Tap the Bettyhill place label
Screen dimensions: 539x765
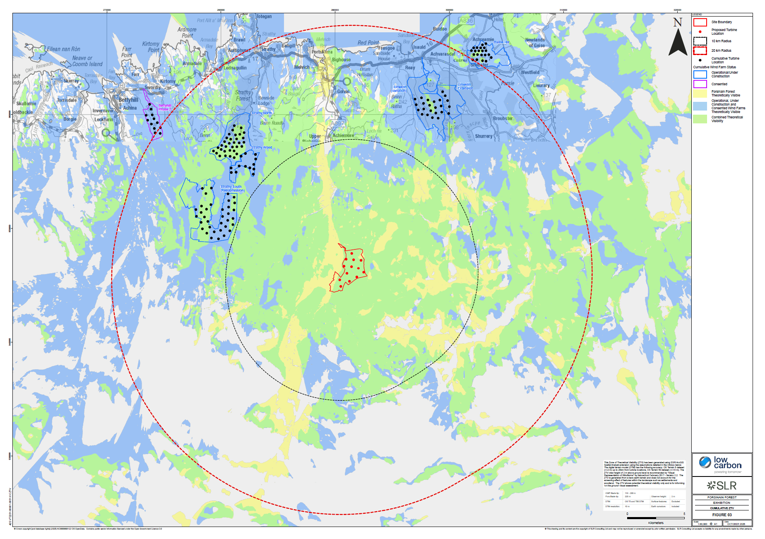[x=128, y=100]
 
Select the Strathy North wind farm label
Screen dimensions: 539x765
[x=262, y=113]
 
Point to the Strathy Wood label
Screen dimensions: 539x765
[x=262, y=147]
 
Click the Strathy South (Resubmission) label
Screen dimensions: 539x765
[x=232, y=189]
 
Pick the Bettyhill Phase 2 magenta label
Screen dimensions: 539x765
[x=165, y=107]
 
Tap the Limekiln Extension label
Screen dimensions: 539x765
[x=464, y=86]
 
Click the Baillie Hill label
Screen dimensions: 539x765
[x=501, y=42]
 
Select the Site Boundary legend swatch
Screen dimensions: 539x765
[x=700, y=22]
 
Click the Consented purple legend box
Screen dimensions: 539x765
[x=700, y=84]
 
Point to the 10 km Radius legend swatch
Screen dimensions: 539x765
[x=700, y=41]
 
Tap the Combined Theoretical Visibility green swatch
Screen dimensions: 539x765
[x=700, y=119]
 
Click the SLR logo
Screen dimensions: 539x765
[x=722, y=486]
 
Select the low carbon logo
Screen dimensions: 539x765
[x=721, y=464]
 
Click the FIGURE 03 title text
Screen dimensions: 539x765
[x=722, y=515]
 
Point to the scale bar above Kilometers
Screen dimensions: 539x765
[x=655, y=518]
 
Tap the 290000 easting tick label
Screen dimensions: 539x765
[x=335, y=10]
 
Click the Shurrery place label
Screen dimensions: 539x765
[x=484, y=136]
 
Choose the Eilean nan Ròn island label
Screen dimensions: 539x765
[x=63, y=49]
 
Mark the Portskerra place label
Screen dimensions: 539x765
[x=322, y=52]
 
